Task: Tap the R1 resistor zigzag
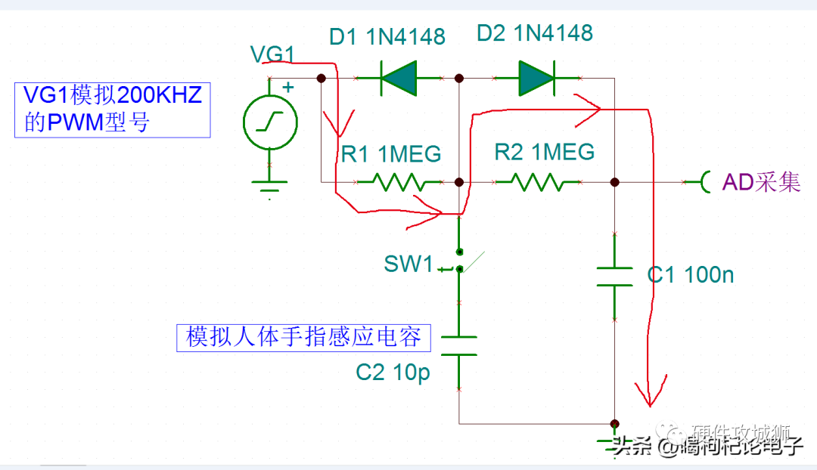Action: (x=399, y=182)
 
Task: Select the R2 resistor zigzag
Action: (x=537, y=182)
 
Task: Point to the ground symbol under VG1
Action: (x=270, y=183)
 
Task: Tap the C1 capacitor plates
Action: (x=614, y=276)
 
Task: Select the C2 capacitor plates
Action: (x=459, y=345)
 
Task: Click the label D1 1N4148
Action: (x=387, y=36)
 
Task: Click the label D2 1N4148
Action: (x=534, y=33)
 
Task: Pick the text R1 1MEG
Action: (x=390, y=154)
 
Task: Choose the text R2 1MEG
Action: (x=544, y=152)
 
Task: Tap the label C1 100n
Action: (x=690, y=275)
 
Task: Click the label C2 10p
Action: (x=393, y=373)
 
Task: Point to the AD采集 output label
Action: (x=760, y=182)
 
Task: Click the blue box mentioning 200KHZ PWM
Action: (x=112, y=110)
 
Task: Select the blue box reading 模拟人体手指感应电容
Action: (x=303, y=337)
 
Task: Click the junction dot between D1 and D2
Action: (x=459, y=78)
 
